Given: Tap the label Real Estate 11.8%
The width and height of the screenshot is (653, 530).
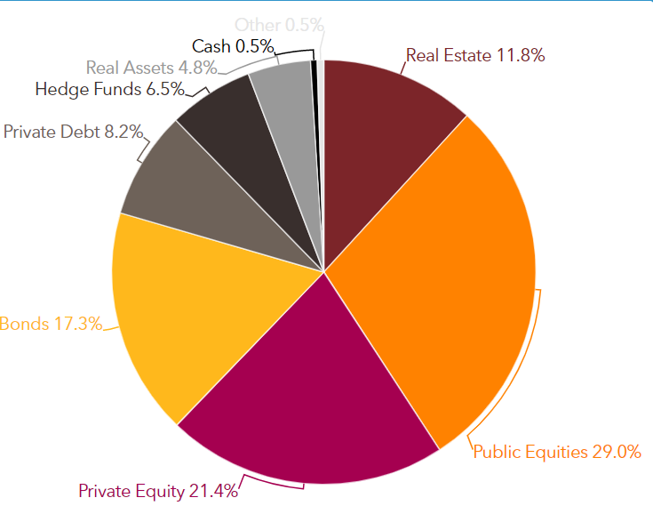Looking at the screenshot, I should pos(475,55).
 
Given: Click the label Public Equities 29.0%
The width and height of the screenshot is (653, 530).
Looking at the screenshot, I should pos(557,452).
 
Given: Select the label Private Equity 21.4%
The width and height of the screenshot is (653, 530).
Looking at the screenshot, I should pos(158,491).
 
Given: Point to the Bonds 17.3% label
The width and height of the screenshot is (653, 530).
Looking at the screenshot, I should pos(51,324).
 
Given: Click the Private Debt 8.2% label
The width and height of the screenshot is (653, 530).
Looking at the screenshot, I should pos(73,132).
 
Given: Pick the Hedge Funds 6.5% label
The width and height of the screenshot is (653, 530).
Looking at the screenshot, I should pos(109,89).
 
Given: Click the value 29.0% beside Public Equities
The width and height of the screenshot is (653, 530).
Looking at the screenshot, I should pos(617,452).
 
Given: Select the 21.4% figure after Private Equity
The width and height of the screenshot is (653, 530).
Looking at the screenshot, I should pos(213,491).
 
